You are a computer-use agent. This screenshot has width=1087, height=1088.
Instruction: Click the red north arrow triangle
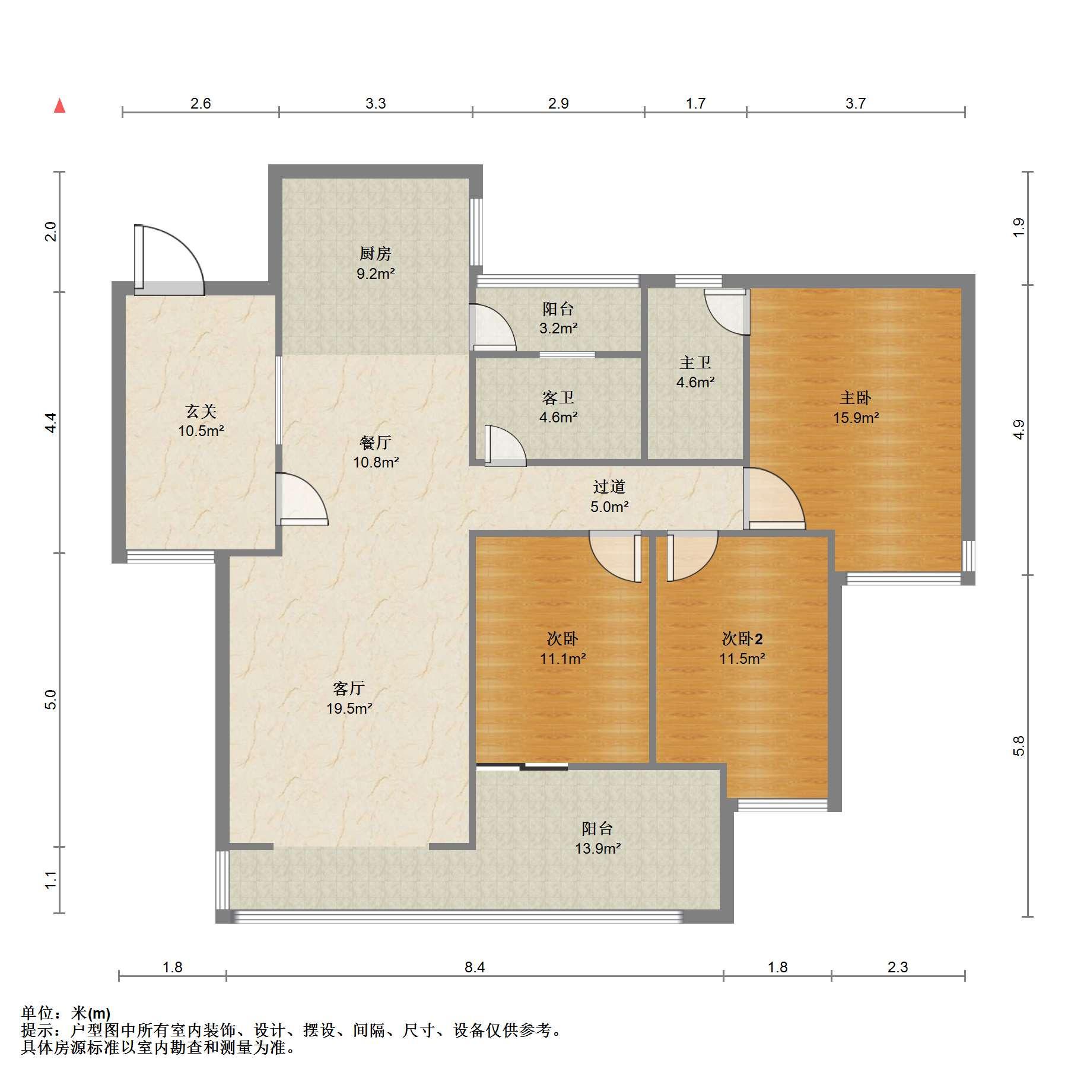(x=59, y=106)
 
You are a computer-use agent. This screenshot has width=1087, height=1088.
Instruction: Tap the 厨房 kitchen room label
(x=376, y=254)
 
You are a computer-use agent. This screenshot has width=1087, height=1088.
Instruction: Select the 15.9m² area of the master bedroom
(x=856, y=418)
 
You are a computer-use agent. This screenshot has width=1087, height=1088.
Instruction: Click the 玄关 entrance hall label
(x=201, y=411)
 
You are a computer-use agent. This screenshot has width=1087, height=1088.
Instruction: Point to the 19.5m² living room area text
(x=349, y=708)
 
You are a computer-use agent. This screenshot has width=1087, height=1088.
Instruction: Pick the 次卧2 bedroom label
(x=742, y=639)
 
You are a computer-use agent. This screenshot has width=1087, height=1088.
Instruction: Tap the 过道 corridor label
(x=609, y=487)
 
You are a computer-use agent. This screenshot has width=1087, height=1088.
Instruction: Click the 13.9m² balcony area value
(x=597, y=848)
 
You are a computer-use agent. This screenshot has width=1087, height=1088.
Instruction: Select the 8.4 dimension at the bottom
(x=475, y=968)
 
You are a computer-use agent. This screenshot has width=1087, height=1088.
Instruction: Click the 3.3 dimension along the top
(x=375, y=104)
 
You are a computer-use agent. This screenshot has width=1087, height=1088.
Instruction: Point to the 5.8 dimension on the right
(x=1019, y=746)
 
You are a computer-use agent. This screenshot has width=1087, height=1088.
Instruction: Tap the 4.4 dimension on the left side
(x=51, y=422)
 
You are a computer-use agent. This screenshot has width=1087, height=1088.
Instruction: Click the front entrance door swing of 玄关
(x=170, y=260)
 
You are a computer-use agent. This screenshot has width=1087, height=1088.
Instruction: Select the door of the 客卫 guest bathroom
(x=506, y=445)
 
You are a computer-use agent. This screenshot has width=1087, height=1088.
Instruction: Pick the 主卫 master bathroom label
(x=695, y=362)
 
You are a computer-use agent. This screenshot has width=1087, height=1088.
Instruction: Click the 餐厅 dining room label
(x=376, y=443)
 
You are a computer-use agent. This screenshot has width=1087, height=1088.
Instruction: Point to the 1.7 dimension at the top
(x=695, y=104)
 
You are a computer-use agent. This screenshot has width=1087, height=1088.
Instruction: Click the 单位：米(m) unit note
(x=66, y=1013)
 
